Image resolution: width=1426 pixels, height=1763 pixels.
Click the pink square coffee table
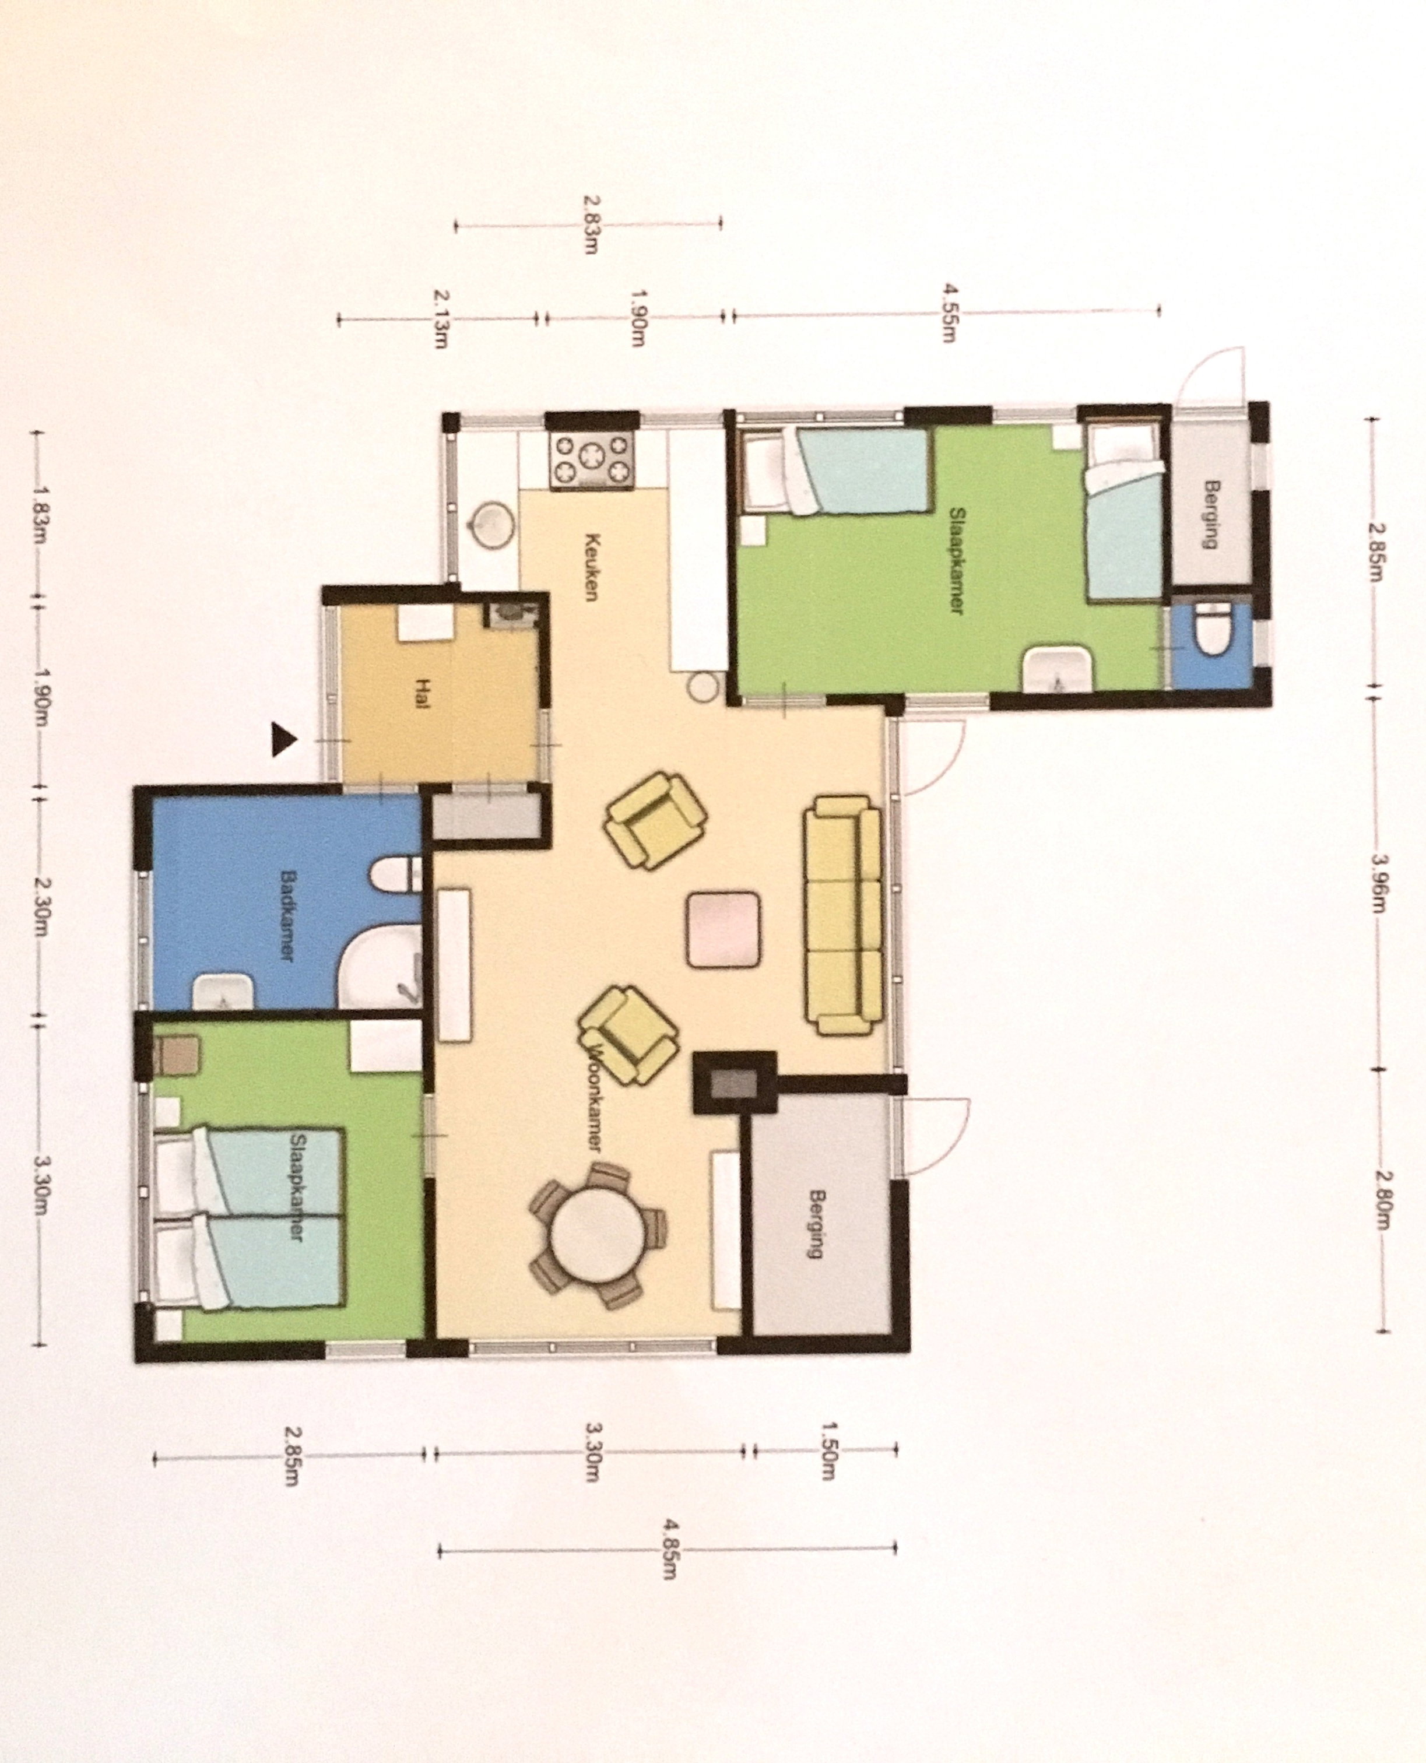pos(723,929)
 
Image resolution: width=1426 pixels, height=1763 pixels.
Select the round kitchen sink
pos(493,524)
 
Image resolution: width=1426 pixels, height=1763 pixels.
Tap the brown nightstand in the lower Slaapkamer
pos(177,1056)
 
